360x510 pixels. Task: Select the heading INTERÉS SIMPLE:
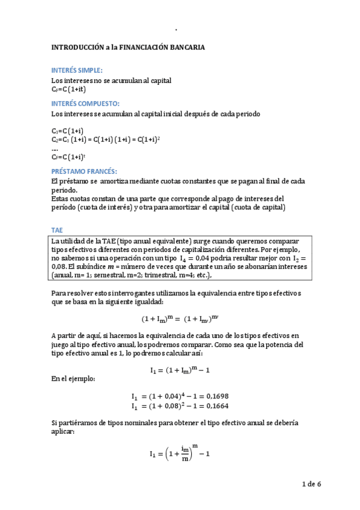(x=77, y=70)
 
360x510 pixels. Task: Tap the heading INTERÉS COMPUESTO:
(x=85, y=103)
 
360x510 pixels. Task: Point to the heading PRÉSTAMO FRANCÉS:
(x=85, y=171)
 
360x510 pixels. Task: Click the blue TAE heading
(x=57, y=230)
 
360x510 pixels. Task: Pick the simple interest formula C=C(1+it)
(x=65, y=90)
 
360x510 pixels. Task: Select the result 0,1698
(x=217, y=396)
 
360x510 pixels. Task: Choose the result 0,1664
(x=217, y=407)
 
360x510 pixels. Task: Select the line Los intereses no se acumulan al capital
(x=103, y=80)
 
